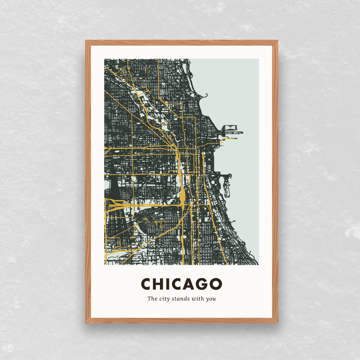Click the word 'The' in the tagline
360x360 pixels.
click(x=152, y=299)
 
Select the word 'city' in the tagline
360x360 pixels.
click(x=165, y=299)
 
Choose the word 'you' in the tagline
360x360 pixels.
click(x=211, y=299)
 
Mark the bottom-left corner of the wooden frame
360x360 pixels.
click(x=86, y=322)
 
